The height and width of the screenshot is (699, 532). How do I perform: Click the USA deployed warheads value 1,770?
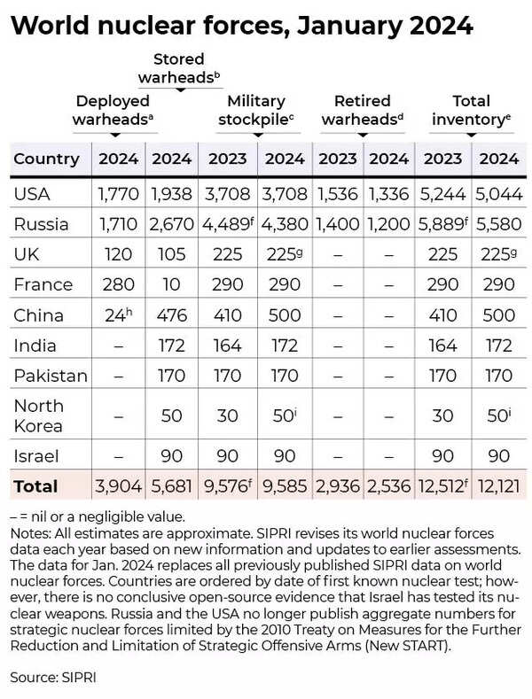click(x=118, y=193)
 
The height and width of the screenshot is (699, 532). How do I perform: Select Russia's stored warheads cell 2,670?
click(x=173, y=223)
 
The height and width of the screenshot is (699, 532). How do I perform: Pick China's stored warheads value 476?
click(x=173, y=315)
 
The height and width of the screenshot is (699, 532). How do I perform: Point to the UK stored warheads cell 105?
click(x=173, y=254)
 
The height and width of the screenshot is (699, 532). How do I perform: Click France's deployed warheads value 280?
click(x=118, y=284)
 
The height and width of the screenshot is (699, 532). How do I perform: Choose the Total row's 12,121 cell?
click(x=497, y=485)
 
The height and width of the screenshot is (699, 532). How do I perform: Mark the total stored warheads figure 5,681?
click(x=173, y=485)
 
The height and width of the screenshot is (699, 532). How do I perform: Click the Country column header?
click(x=47, y=159)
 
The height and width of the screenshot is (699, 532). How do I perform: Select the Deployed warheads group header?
click(x=116, y=110)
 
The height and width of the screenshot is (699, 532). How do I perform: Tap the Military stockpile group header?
click(x=257, y=110)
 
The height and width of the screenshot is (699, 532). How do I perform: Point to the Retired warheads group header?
click(x=364, y=110)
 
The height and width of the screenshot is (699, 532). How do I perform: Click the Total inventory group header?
click(x=471, y=110)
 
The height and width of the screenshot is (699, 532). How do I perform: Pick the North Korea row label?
click(x=39, y=416)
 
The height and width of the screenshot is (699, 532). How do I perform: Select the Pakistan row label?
click(x=51, y=376)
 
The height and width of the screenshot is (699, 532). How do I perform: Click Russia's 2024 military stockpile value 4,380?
click(x=286, y=223)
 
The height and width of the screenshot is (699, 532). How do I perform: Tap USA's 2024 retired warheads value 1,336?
click(x=389, y=193)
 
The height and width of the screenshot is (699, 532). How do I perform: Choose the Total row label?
click(x=36, y=485)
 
